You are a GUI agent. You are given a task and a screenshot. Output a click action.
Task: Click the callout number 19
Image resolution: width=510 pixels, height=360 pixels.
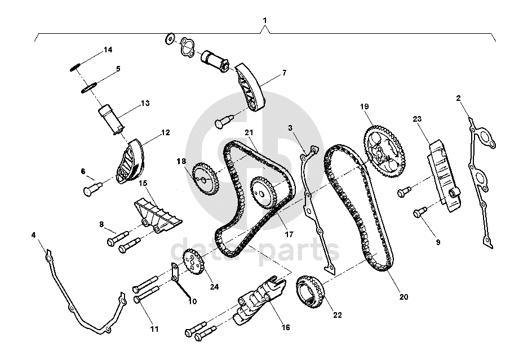click(364, 106)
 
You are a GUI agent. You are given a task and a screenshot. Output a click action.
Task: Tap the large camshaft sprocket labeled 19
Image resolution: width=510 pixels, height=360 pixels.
click(384, 152)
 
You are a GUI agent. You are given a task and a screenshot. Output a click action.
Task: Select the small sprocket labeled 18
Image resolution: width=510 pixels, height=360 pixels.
click(206, 179)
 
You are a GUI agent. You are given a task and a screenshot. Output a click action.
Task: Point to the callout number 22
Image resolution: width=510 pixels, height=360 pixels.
click(338, 315)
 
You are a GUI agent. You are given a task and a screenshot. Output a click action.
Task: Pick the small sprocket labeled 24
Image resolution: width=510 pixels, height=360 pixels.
click(194, 261)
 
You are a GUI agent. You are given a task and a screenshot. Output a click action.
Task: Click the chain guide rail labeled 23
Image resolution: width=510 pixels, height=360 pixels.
click(444, 176)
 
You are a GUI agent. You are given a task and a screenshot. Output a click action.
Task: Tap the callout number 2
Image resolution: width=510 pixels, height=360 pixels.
click(458, 98)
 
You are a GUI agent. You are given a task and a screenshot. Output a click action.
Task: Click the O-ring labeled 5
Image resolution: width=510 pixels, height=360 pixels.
click(89, 88)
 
